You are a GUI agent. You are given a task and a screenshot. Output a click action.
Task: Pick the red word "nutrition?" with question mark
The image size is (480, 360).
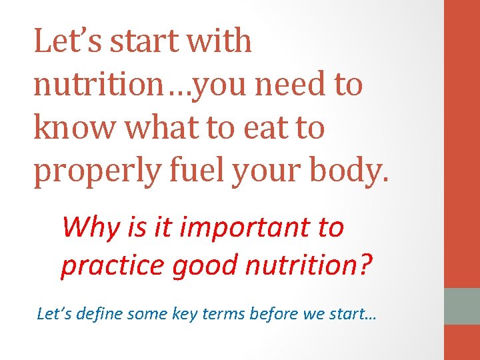(x=309, y=265)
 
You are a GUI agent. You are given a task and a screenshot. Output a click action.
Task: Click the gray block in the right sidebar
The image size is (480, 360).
(x=462, y=305)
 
